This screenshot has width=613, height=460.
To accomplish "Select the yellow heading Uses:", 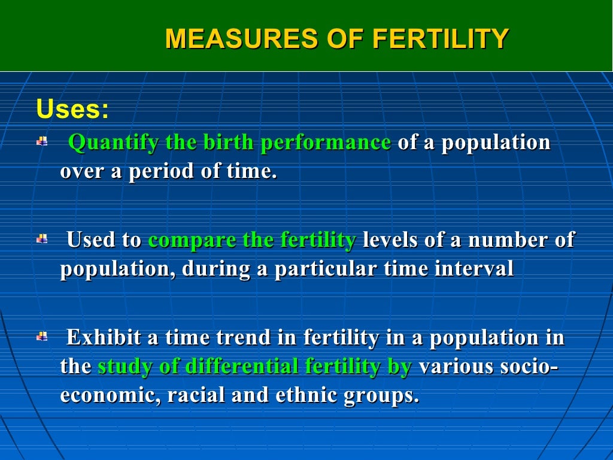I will (x=72, y=110).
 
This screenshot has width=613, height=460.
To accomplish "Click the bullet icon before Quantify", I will (x=42, y=142).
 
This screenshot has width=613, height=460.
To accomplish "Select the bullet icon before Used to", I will (x=42, y=239).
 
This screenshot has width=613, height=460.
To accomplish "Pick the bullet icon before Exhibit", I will (x=42, y=337).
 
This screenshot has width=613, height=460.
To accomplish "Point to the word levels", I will (x=390, y=240).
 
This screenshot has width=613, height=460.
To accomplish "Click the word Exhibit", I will (x=104, y=338).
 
